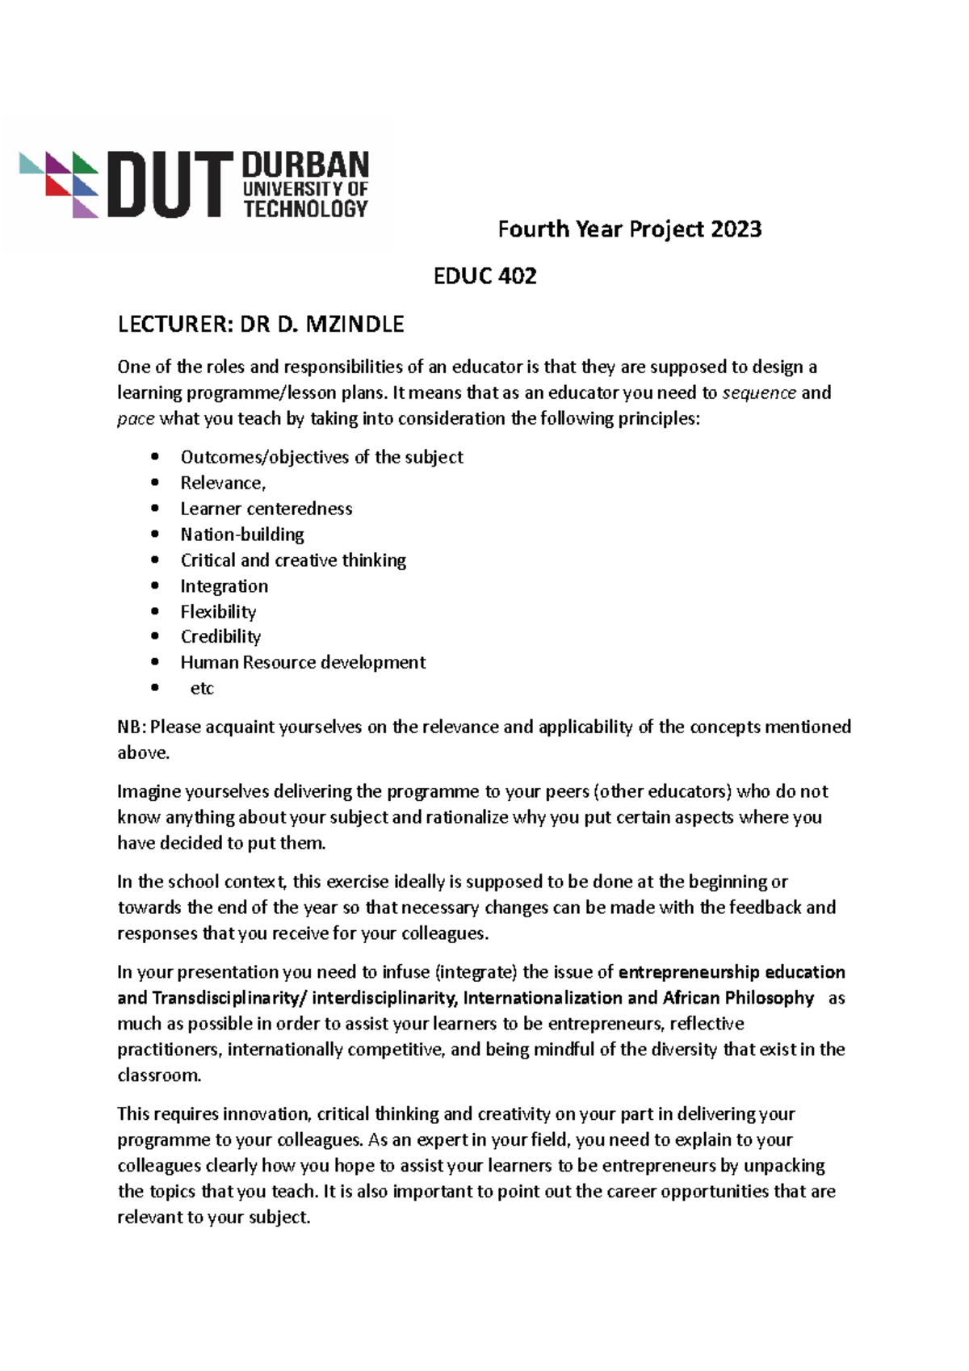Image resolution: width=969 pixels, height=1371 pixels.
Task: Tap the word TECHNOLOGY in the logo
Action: coord(305,209)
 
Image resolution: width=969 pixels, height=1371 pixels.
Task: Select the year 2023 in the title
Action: coord(736,229)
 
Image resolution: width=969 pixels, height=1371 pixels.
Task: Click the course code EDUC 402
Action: coord(484,277)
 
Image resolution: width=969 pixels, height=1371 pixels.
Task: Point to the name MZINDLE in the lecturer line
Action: coord(354,325)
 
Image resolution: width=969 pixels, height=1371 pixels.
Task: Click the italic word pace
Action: coord(135,419)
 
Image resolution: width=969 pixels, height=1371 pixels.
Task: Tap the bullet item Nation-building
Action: coord(242,535)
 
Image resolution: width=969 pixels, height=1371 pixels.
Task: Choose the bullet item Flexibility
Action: coord(218,612)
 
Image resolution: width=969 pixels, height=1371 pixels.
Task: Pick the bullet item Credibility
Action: coord(220,637)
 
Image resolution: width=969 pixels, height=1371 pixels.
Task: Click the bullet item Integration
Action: coord(224,586)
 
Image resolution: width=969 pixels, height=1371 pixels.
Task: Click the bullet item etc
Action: coord(202,689)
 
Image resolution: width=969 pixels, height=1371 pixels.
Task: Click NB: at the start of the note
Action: coord(132,727)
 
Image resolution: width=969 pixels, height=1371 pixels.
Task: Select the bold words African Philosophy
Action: coord(738,998)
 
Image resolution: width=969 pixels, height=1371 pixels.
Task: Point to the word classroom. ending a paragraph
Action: coord(159,1075)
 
